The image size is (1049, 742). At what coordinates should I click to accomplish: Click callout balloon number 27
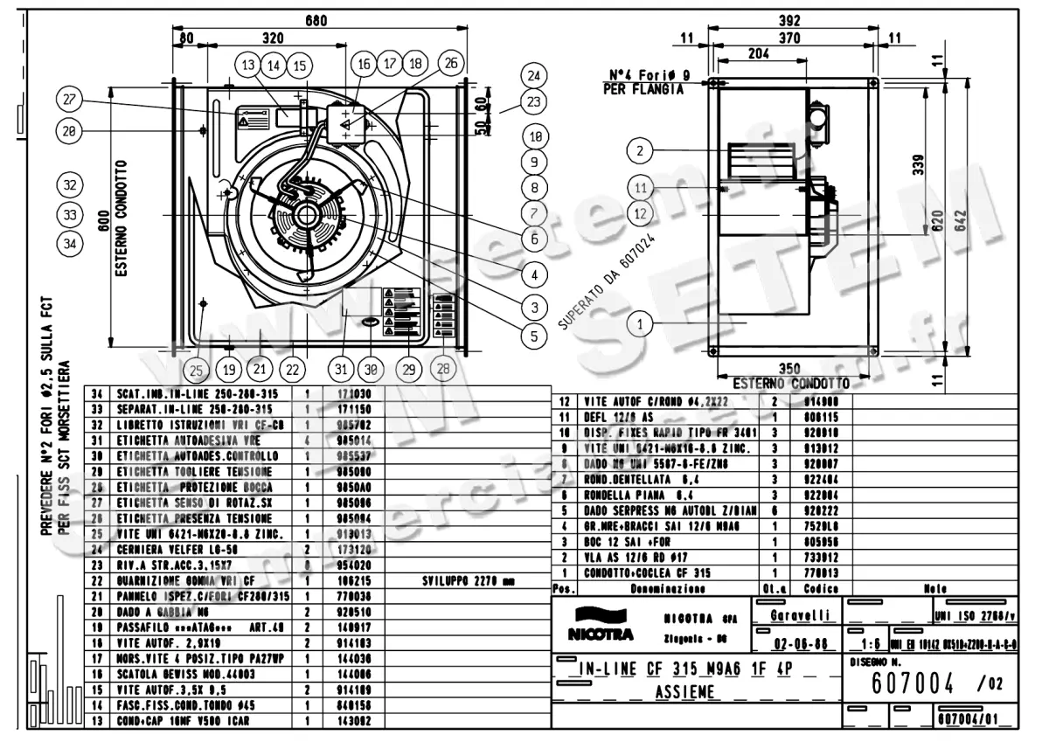(x=68, y=100)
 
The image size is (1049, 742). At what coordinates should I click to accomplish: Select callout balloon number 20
(x=68, y=131)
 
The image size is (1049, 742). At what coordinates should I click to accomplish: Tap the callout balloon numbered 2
(x=641, y=150)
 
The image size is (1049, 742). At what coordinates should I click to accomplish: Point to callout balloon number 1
(x=641, y=324)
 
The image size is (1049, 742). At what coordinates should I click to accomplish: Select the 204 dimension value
(x=757, y=52)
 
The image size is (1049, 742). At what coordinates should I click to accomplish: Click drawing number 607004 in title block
(x=913, y=679)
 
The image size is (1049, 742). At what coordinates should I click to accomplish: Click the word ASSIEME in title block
(x=684, y=692)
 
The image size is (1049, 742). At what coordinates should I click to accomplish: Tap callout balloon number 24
(x=535, y=75)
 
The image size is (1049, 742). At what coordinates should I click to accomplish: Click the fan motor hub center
(x=308, y=213)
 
